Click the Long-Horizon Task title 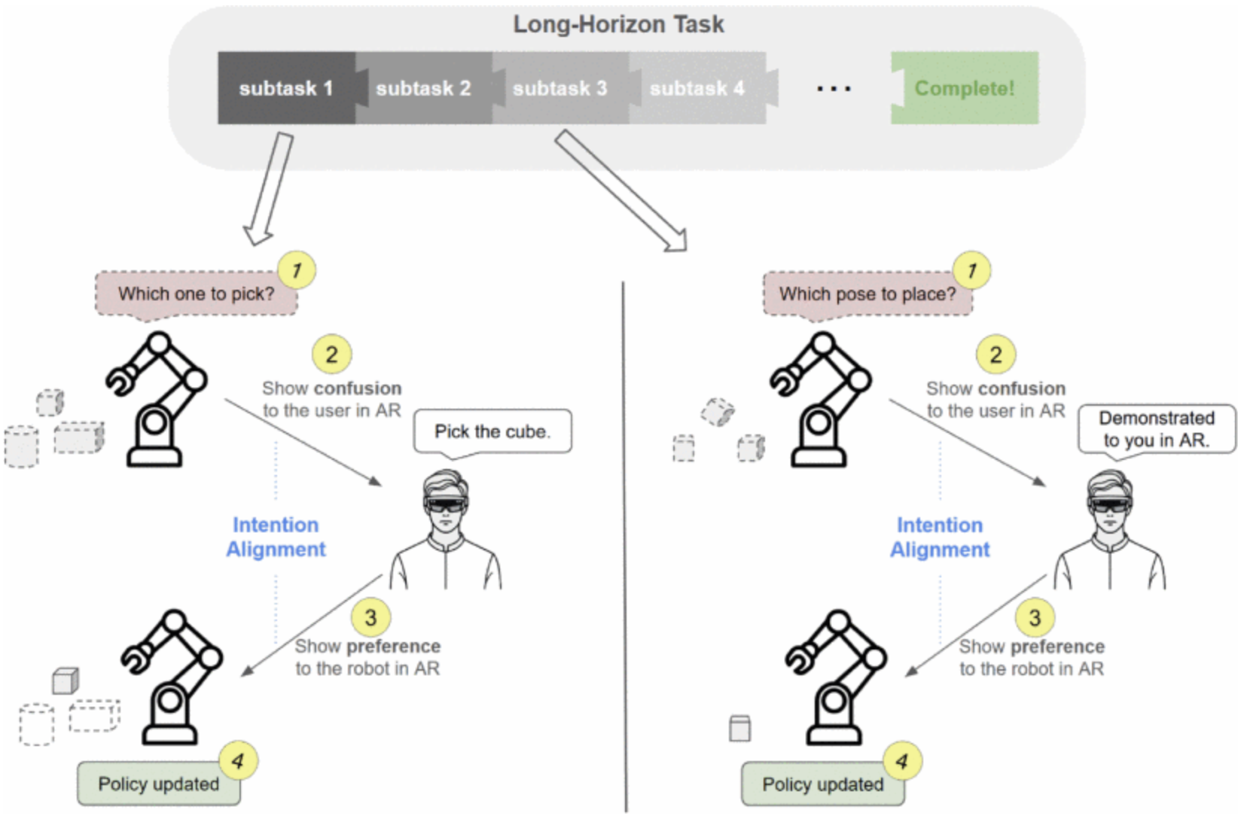[618, 24]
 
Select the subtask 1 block [286, 88]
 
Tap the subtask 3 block [559, 88]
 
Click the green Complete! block [965, 88]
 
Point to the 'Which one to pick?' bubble [196, 294]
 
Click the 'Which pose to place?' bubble [867, 294]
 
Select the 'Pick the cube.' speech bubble [492, 431]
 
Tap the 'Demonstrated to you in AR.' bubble [1157, 429]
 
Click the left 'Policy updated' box [158, 784]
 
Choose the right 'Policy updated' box [822, 784]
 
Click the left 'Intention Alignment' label [276, 537]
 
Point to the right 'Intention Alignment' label [940, 537]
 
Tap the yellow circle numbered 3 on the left [370, 618]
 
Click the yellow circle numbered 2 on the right [996, 355]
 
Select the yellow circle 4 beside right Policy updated [902, 762]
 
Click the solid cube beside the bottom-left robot [66, 681]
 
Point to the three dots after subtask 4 [834, 89]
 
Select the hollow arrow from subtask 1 [270, 188]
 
